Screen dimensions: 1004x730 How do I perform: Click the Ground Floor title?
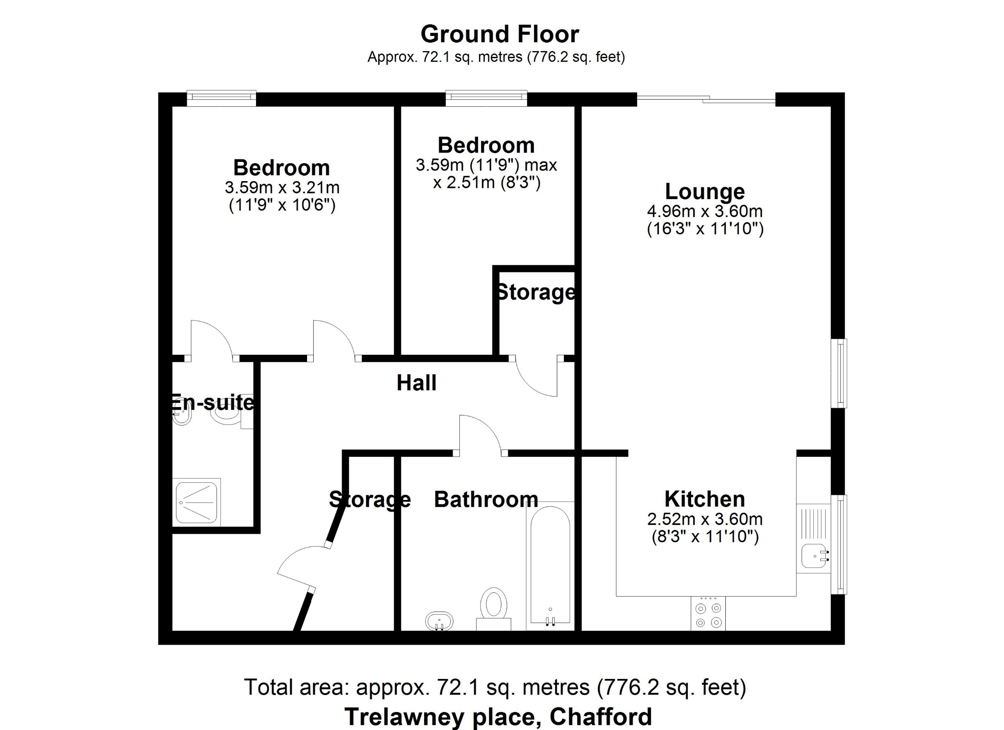(500, 34)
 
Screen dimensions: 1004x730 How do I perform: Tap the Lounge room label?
(705, 192)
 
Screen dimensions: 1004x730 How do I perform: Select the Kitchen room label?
(705, 499)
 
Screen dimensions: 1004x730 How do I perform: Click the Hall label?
(416, 382)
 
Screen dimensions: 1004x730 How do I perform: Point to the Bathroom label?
(486, 499)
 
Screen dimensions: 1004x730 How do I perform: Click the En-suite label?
(213, 402)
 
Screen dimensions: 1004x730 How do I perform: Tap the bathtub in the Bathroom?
(550, 565)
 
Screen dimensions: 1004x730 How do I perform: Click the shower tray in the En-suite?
(197, 502)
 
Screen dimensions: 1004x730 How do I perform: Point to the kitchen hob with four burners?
(708, 613)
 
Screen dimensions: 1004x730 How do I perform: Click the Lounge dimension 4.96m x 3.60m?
(705, 211)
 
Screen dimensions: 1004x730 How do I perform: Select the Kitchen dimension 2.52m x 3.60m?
(705, 518)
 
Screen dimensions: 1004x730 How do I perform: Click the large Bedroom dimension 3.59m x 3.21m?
(282, 187)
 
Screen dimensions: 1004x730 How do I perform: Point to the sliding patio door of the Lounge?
(706, 100)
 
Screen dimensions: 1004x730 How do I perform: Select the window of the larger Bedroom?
(221, 98)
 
